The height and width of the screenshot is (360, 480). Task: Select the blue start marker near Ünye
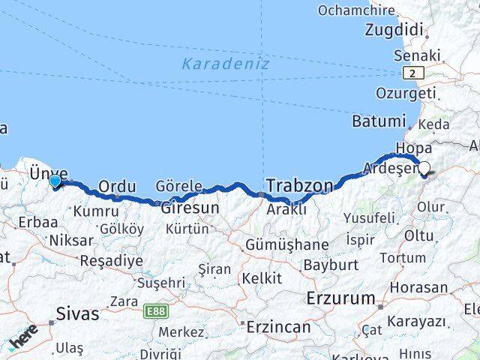point(55,180)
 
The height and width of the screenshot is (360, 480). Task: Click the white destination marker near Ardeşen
point(424,169)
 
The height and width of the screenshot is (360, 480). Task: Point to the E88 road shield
point(156,310)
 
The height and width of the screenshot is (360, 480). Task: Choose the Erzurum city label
point(340,298)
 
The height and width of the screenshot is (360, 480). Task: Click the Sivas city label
point(77,313)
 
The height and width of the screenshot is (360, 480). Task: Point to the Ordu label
point(118,185)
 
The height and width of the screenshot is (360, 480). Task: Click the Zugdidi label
point(394,30)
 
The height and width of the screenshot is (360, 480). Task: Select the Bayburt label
point(331,265)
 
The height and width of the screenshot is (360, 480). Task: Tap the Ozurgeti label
point(406,94)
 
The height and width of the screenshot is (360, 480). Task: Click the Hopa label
point(414,148)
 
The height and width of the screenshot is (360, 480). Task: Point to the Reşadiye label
point(111,261)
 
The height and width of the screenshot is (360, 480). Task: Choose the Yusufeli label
point(369,218)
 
